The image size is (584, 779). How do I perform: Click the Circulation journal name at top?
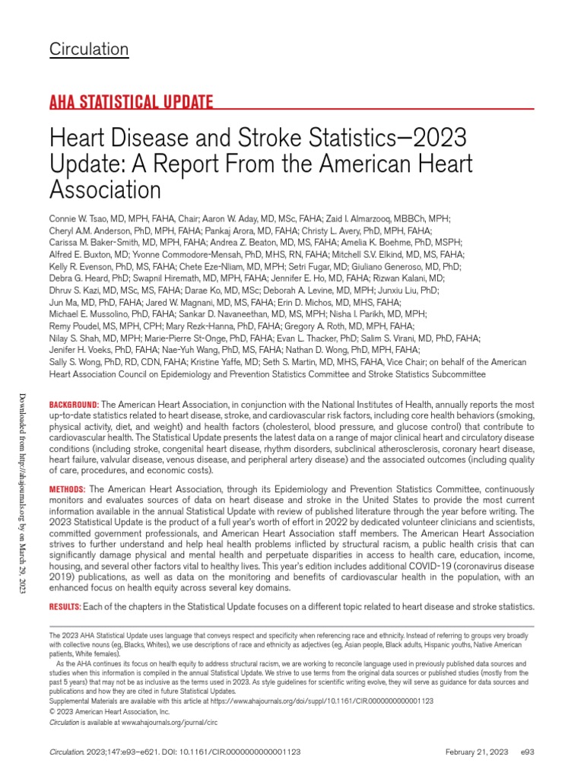point(89,49)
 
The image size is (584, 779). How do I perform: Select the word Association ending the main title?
point(105,189)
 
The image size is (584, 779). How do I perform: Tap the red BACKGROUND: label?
point(74,403)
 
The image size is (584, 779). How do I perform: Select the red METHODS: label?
point(68,486)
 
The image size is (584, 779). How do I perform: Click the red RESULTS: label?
point(65,606)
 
